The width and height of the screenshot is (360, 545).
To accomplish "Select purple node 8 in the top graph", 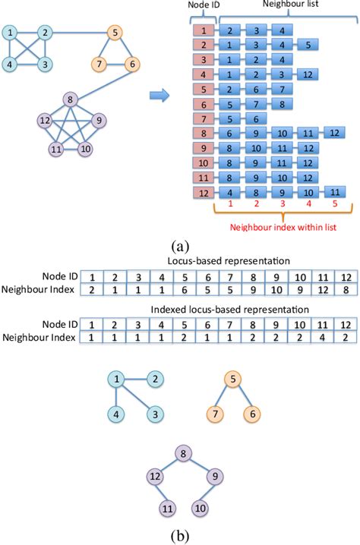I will tap(71, 99).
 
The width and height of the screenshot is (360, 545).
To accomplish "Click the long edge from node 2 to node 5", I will tap(80, 33).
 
